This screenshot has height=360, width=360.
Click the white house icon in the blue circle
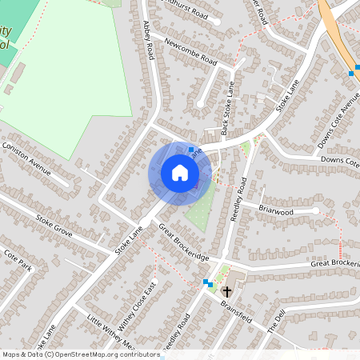(x=180, y=173)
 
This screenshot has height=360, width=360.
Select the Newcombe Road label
(x=190, y=50)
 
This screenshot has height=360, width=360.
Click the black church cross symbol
(x=227, y=291)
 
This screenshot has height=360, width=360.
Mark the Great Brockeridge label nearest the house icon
(x=183, y=243)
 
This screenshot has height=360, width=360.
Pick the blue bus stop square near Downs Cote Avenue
(x=351, y=74)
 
